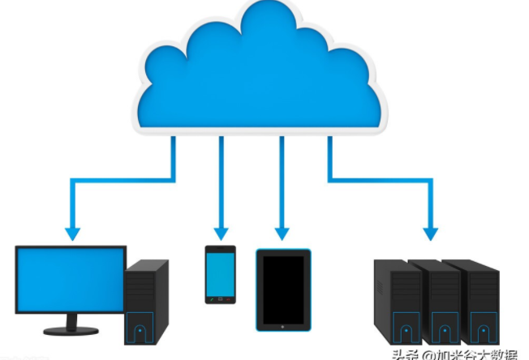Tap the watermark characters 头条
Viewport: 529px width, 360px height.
tap(406, 354)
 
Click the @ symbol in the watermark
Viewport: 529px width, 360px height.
tap(428, 354)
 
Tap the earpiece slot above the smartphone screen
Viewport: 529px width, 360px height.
tap(220, 250)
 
